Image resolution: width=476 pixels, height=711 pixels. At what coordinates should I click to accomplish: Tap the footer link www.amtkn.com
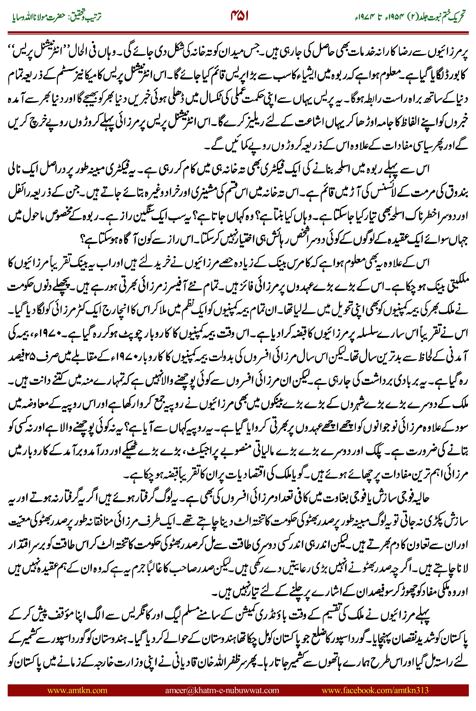(x=77, y=690)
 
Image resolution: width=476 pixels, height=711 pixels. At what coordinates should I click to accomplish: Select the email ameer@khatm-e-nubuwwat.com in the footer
(x=222, y=690)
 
